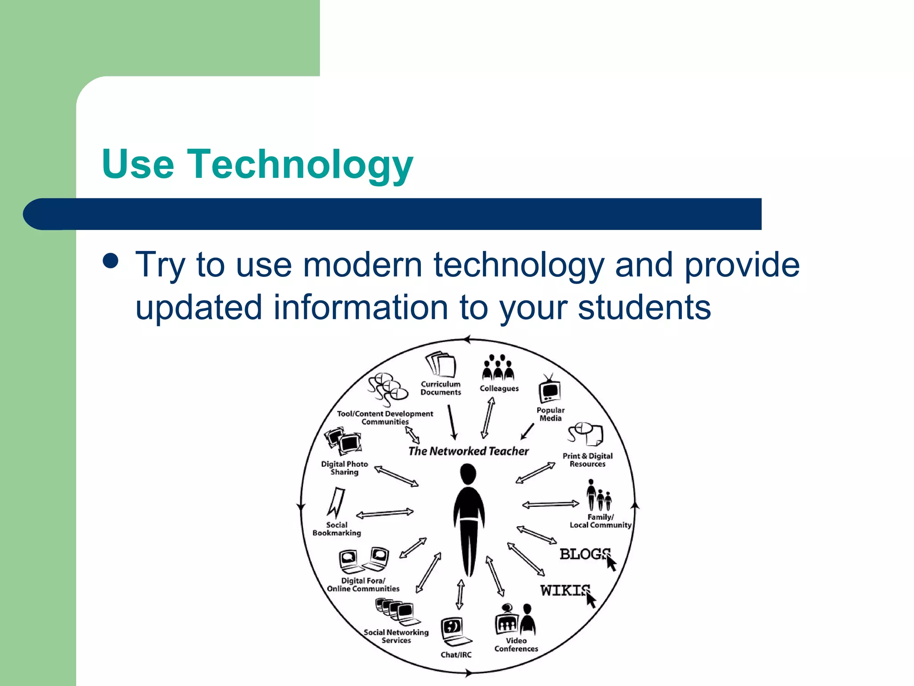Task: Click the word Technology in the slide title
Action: (x=300, y=164)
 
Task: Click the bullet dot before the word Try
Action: (x=110, y=261)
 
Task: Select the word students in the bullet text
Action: (x=644, y=307)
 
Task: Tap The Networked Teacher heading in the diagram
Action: (x=468, y=451)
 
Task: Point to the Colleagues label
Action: (x=499, y=389)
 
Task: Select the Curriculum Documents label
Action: (x=440, y=388)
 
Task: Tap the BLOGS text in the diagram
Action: (x=584, y=554)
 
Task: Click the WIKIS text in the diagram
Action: (x=565, y=590)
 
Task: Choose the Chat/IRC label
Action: (x=456, y=655)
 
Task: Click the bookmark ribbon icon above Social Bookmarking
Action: (x=336, y=503)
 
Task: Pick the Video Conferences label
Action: (x=516, y=644)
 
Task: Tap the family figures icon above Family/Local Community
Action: (x=599, y=496)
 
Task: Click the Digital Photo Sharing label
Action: (x=345, y=468)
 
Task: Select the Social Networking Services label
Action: (x=396, y=636)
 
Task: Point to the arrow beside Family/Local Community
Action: (x=550, y=505)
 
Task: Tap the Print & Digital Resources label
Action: (x=587, y=460)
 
